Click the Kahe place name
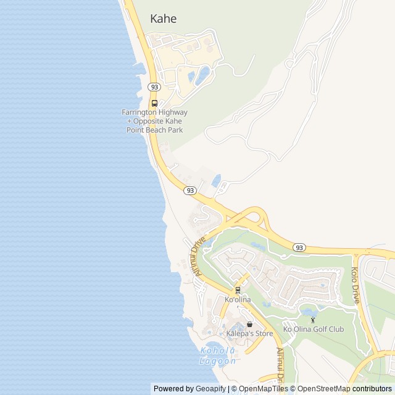point(163,19)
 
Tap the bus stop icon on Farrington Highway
point(154,103)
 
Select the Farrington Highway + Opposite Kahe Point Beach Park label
point(154,121)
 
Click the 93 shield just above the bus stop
point(154,88)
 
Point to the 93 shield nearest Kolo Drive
point(299,247)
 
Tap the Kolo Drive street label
point(355,285)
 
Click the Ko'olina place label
point(238,300)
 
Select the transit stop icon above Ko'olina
point(238,290)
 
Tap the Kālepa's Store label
point(249,334)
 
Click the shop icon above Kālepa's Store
point(249,325)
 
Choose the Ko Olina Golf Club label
point(314,329)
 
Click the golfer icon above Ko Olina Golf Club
point(313,320)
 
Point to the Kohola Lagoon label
point(218,355)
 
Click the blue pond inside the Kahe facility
point(202,77)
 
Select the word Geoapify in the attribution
point(210,389)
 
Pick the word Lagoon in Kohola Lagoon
point(218,361)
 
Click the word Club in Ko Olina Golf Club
point(336,329)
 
